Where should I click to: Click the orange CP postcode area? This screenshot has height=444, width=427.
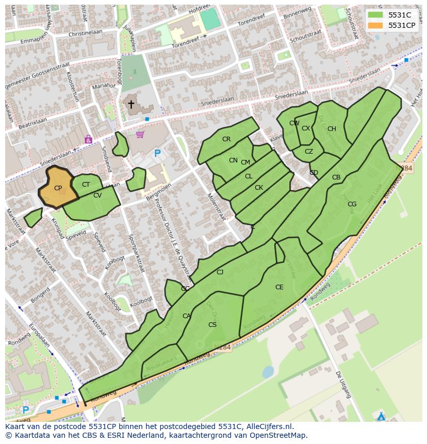pyautogui.click(x=58, y=188)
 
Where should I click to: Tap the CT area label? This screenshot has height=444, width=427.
pyautogui.click(x=86, y=185)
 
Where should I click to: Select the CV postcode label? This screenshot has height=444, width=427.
pyautogui.click(x=97, y=195)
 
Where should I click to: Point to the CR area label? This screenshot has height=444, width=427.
pyautogui.click(x=226, y=139)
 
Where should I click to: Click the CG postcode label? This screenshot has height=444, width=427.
pyautogui.click(x=352, y=204)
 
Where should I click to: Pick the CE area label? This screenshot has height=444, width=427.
pyautogui.click(x=279, y=287)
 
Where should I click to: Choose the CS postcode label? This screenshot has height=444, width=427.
pyautogui.click(x=212, y=325)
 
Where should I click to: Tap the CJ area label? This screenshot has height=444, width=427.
pyautogui.click(x=220, y=272)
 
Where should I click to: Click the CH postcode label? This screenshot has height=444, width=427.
pyautogui.click(x=332, y=129)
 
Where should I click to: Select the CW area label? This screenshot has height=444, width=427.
pyautogui.click(x=294, y=123)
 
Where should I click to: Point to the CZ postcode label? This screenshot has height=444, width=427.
pyautogui.click(x=308, y=152)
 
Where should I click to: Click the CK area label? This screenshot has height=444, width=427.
pyautogui.click(x=259, y=188)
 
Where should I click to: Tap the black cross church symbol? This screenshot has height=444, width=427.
pyautogui.click(x=131, y=105)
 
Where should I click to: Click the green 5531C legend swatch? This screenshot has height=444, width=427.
pyautogui.click(x=375, y=14)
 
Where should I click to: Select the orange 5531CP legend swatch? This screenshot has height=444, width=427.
pyautogui.click(x=375, y=25)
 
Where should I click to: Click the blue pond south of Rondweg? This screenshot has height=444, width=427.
pyautogui.click(x=268, y=371)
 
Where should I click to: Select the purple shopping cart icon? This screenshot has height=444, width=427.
pyautogui.click(x=140, y=135)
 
